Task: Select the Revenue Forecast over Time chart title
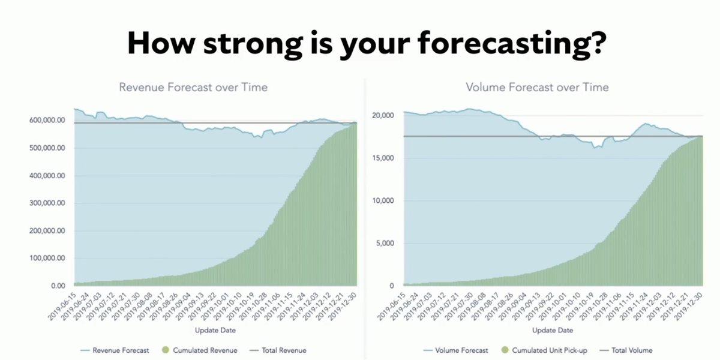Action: [193, 87]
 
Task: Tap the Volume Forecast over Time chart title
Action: [538, 87]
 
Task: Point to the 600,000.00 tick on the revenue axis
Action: [47, 120]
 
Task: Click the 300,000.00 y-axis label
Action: [47, 203]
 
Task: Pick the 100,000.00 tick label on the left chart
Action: [47, 258]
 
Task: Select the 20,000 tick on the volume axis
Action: [383, 115]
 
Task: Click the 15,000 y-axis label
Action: [383, 158]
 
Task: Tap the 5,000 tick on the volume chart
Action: [385, 244]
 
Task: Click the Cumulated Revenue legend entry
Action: [200, 350]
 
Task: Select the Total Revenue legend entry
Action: [278, 350]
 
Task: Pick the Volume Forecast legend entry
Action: [456, 350]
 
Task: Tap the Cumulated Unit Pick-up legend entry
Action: [544, 350]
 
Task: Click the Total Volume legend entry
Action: [626, 350]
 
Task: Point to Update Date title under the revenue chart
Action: [215, 331]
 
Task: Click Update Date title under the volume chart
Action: [553, 331]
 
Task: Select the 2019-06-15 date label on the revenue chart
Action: [62, 307]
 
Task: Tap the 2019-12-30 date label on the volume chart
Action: [689, 307]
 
